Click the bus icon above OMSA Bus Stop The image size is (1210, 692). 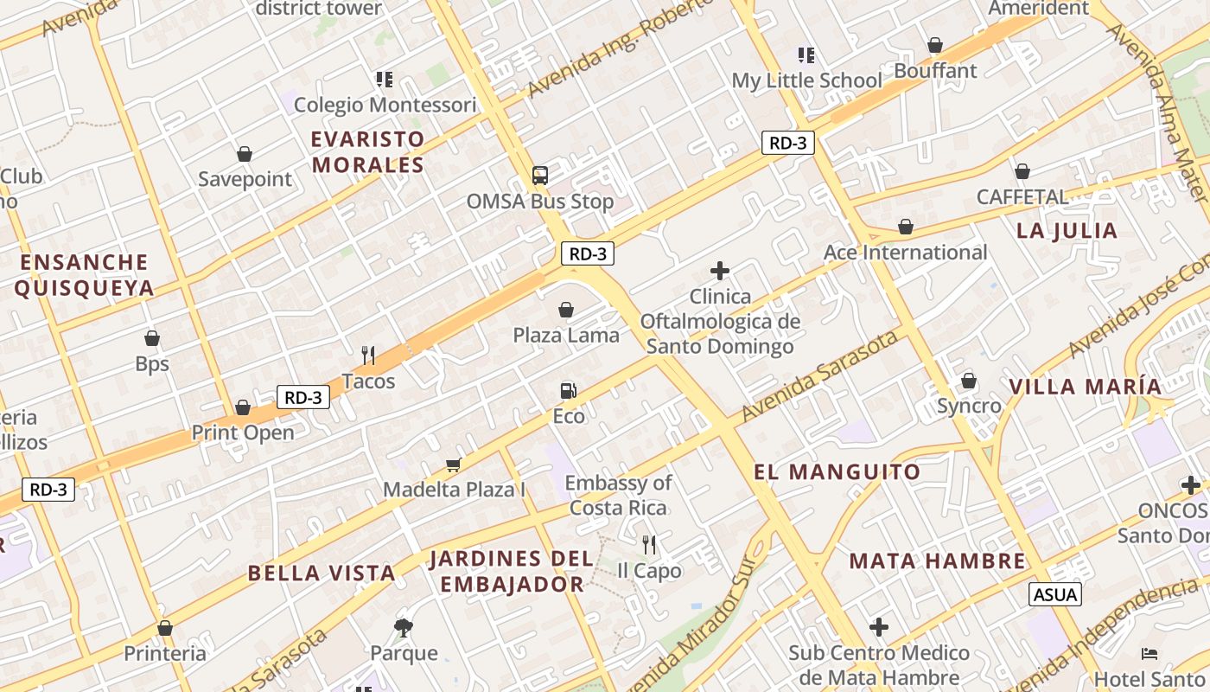point(540,176)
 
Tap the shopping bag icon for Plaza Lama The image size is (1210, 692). point(566,310)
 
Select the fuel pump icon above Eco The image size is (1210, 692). point(568,391)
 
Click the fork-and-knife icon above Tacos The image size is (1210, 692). point(368,355)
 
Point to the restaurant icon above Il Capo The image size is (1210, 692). point(649,544)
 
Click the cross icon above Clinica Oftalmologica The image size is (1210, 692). point(719,271)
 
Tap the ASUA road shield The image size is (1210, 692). point(1055,594)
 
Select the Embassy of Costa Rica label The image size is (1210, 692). point(618,495)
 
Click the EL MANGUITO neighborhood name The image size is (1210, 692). point(837,472)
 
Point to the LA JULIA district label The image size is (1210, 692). point(1067,230)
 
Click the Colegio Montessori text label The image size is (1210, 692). point(385,106)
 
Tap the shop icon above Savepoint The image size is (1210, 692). point(245,154)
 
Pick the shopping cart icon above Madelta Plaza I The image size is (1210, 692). point(453,465)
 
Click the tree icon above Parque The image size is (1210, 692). point(403,627)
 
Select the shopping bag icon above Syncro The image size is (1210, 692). point(969,381)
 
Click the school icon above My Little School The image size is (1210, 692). point(806,55)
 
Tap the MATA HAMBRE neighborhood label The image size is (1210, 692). point(937,561)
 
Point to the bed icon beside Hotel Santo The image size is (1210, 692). point(1149,653)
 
